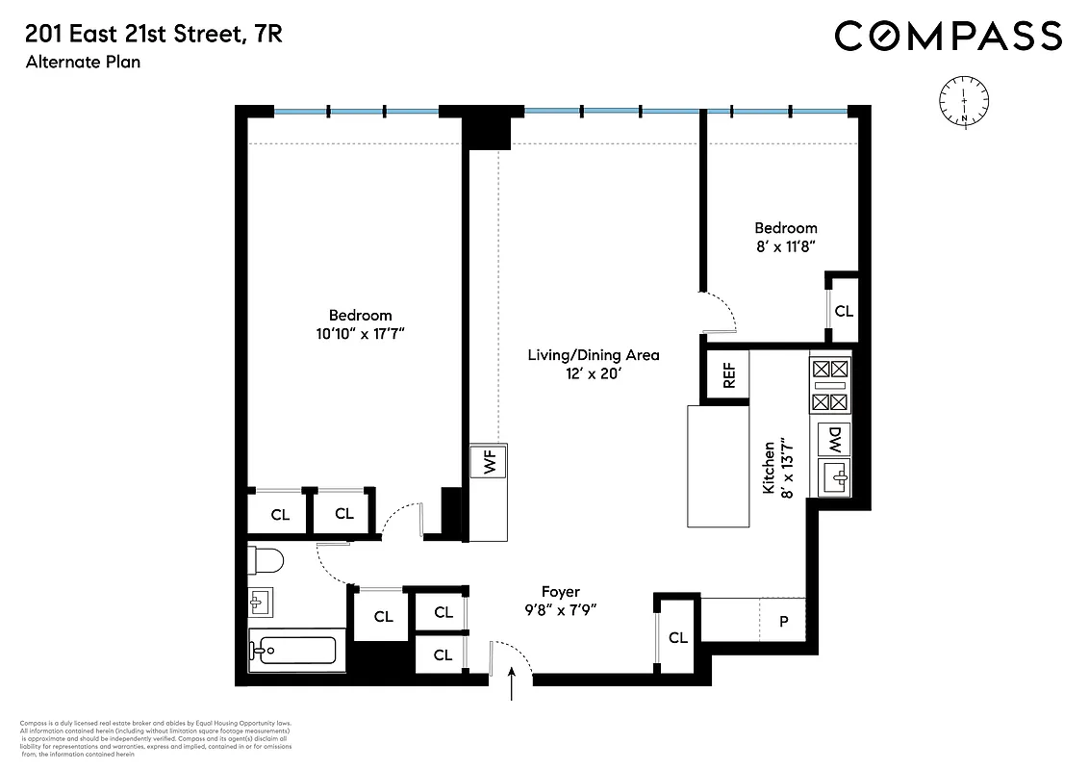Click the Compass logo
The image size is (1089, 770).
click(x=948, y=37)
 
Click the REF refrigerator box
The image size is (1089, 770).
click(x=728, y=374)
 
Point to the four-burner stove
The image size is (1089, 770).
click(x=830, y=385)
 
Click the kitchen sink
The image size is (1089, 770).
click(x=833, y=476)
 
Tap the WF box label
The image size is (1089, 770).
click(x=489, y=463)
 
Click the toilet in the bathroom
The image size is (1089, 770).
click(x=264, y=559)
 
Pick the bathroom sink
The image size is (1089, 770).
click(x=261, y=603)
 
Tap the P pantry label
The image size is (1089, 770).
click(x=783, y=622)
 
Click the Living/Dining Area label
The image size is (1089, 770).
click(x=593, y=355)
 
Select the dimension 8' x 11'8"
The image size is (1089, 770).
click(x=786, y=245)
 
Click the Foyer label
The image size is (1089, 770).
click(x=560, y=592)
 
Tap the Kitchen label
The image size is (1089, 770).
click(x=769, y=469)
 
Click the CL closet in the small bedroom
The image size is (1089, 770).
click(x=843, y=311)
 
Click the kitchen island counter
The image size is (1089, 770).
click(x=718, y=466)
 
